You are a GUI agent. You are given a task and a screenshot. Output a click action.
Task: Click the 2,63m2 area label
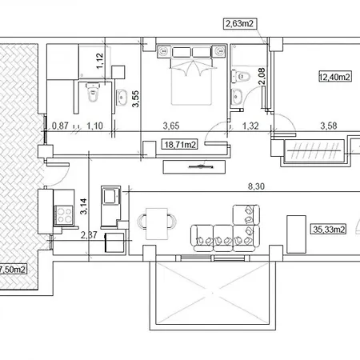(x=239, y=23)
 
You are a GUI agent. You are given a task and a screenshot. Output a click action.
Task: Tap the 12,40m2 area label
(x=335, y=77)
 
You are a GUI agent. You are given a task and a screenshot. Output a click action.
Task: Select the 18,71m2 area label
(x=180, y=145)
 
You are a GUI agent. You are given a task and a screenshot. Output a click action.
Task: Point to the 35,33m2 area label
(x=329, y=229)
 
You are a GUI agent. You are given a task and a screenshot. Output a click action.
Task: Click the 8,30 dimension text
(x=256, y=186)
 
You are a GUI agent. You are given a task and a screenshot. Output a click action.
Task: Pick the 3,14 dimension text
(x=83, y=206)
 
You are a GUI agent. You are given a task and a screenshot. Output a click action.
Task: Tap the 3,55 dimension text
(x=135, y=99)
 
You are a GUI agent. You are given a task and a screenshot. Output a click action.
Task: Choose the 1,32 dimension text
(x=250, y=126)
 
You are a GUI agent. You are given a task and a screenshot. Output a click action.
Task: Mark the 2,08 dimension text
(x=262, y=76)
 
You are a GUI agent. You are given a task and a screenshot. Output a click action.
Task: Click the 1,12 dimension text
(x=99, y=61)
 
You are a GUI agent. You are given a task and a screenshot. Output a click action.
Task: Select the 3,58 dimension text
(x=329, y=126)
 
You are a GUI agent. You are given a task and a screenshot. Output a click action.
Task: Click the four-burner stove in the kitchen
(x=64, y=215)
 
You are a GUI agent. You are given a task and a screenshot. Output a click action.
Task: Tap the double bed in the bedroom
(x=192, y=75)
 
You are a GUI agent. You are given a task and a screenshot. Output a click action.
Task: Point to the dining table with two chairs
(x=157, y=223)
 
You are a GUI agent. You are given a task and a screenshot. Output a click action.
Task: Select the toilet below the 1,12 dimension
(x=93, y=92)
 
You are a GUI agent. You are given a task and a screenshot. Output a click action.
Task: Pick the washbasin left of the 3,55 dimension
(x=122, y=98)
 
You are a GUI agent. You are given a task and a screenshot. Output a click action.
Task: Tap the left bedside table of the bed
(x=164, y=50)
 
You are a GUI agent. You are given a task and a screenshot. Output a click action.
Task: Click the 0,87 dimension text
(x=60, y=126)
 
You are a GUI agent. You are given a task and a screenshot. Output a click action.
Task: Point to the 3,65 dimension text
(x=171, y=126)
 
